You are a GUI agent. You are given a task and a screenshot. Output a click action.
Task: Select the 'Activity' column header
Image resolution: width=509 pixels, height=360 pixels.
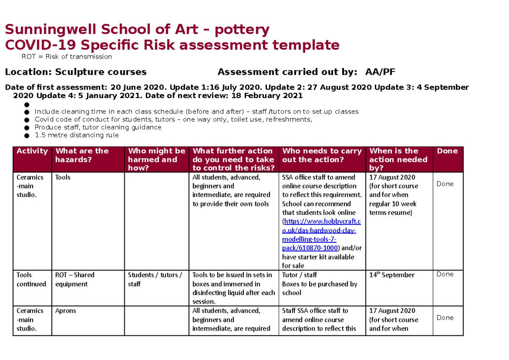pos(32,151)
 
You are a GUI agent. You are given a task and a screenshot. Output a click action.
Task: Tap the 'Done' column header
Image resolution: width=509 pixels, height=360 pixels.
pos(447,151)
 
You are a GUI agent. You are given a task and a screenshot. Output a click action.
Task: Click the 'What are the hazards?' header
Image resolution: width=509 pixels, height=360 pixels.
pos(82,155)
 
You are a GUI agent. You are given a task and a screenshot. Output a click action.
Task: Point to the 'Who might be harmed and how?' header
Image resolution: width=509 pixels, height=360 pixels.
pos(157,159)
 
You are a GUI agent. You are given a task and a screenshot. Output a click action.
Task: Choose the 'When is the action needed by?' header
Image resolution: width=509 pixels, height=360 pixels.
pos(398,159)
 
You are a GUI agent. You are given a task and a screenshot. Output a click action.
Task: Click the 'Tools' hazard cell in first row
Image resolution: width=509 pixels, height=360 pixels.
pos(63,177)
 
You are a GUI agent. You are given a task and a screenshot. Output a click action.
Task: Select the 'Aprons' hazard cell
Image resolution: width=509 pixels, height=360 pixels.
pos(66,311)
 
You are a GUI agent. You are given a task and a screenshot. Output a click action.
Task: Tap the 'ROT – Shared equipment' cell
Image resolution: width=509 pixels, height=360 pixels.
pos(75,279)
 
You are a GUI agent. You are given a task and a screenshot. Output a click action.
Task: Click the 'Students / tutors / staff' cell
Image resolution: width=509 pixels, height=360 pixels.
pos(155,279)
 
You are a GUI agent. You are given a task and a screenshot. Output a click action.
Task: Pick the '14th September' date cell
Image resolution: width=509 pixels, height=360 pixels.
pos(392,275)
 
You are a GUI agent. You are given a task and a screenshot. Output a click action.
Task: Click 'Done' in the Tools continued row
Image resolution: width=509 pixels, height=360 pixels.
pos(445,274)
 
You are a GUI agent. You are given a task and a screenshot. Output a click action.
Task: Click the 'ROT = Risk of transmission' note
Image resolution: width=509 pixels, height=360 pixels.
pos(67,56)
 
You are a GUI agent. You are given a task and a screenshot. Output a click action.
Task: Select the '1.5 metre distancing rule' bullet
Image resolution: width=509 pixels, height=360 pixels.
pos(77,135)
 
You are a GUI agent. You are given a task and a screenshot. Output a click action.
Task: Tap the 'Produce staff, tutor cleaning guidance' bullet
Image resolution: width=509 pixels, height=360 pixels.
pos(98,127)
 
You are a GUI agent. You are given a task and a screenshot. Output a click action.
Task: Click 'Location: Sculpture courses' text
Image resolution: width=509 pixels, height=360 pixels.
pos(76,72)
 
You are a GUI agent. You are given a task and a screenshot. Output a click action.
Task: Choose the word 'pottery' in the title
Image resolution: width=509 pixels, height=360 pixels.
pos(242,30)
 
